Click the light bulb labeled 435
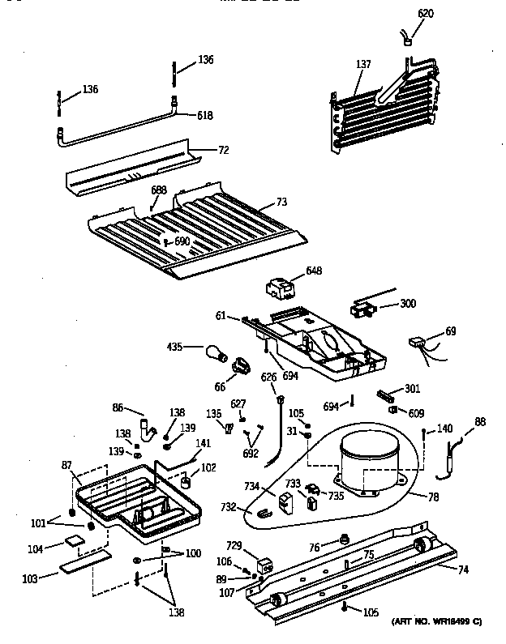215,353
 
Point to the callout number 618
204,116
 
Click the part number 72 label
224,150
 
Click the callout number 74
463,569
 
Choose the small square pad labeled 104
75,542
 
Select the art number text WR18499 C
437,621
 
